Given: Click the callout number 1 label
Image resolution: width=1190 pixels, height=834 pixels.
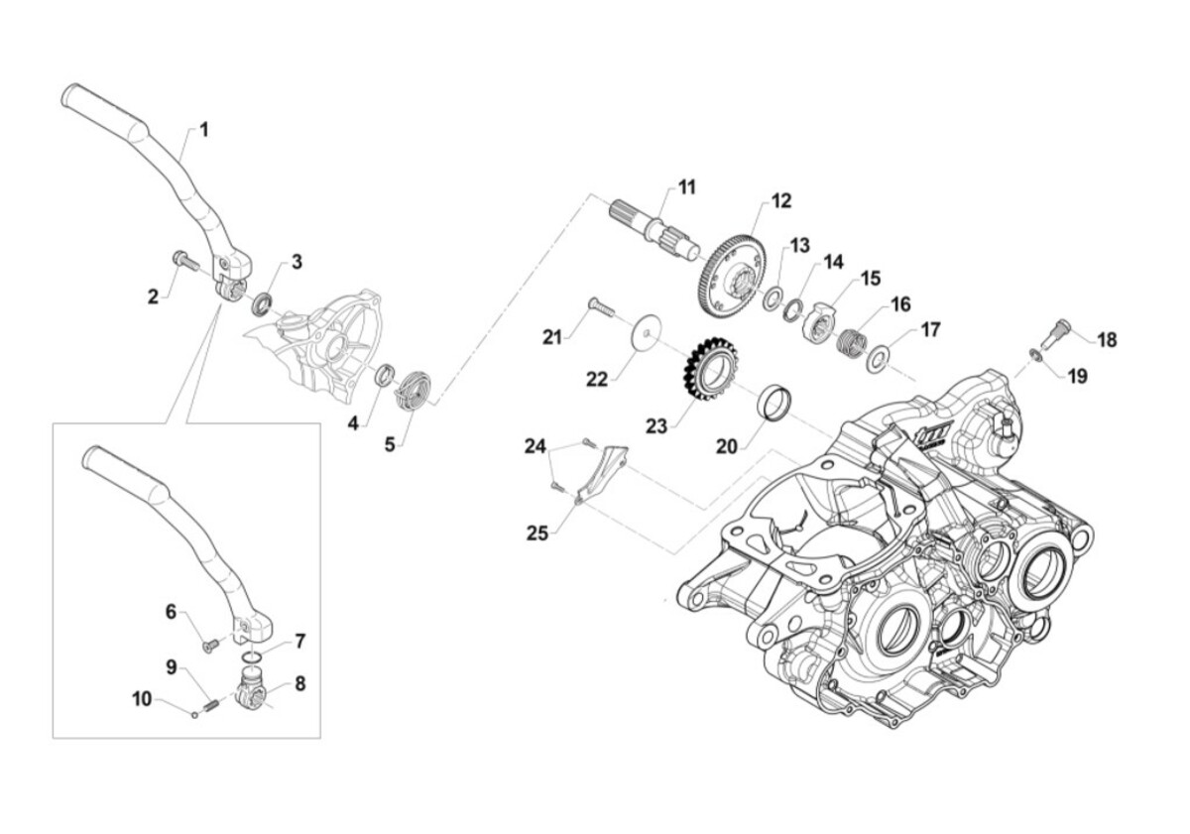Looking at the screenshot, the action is tap(204, 130).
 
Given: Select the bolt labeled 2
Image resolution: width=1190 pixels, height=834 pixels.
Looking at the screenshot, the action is tap(184, 261).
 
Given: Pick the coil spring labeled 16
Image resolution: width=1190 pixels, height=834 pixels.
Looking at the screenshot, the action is tap(853, 340).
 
